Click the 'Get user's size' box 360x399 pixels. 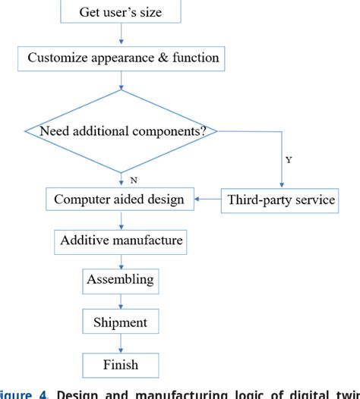pyautogui.click(x=121, y=13)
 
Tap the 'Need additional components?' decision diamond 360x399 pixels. pyautogui.click(x=121, y=131)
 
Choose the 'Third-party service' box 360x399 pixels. pyautogui.click(x=282, y=200)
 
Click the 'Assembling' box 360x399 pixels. pyautogui.click(x=121, y=280)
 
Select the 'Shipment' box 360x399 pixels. pyautogui.click(x=121, y=322)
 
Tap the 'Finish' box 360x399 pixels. pyautogui.click(x=121, y=365)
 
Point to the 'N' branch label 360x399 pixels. pyautogui.click(x=134, y=181)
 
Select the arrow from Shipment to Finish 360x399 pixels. pyautogui.click(x=121, y=344)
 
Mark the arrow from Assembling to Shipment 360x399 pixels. pyautogui.click(x=121, y=301)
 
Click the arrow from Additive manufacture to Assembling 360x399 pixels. pyautogui.click(x=121, y=261)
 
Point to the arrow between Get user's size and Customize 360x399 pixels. pyautogui.click(x=121, y=35)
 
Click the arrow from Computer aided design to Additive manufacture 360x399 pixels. pyautogui.click(x=121, y=221)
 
